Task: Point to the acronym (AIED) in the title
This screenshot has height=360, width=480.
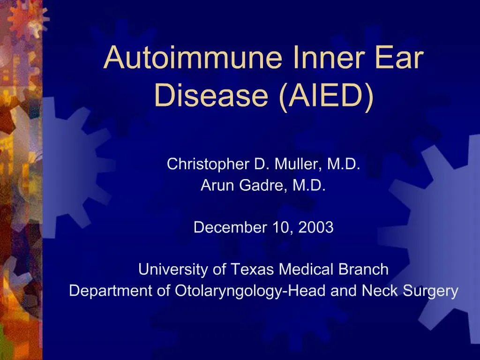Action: coord(326,96)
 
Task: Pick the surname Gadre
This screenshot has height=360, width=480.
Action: coord(257,186)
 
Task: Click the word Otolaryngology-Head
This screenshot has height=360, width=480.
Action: coord(251,291)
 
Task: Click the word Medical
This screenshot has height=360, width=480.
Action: coord(307,270)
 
